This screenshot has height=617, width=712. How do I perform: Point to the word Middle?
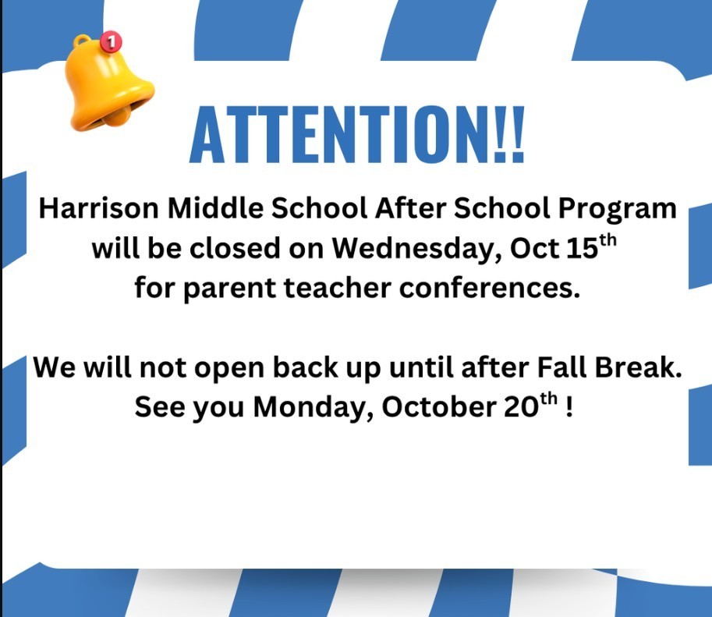pyautogui.click(x=198, y=210)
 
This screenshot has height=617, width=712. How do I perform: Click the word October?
pyautogui.click(x=425, y=406)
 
